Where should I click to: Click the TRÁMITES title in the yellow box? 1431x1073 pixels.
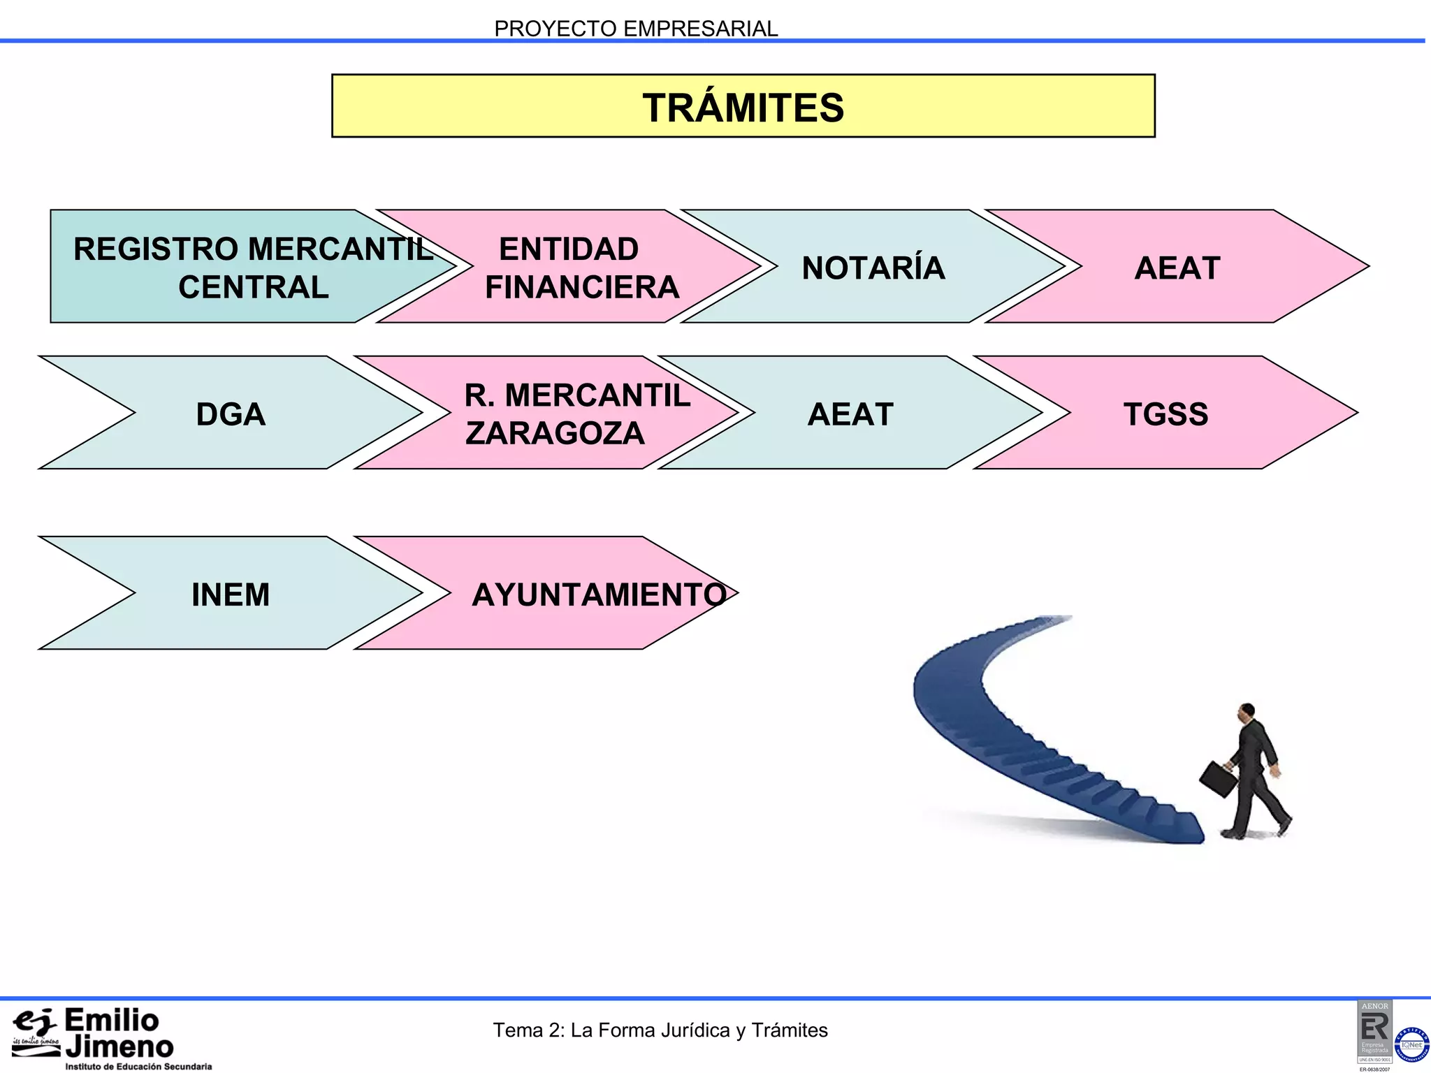point(743,108)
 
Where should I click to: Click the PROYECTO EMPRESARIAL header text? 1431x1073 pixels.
point(635,29)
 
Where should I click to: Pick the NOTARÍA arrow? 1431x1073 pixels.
point(873,268)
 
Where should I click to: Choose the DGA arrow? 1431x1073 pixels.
point(231,414)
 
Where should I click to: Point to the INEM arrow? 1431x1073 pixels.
point(231,594)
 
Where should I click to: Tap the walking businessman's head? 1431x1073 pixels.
point(1247,713)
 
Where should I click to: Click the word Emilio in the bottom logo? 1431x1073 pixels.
point(112,1021)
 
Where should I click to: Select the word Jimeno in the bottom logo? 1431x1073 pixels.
point(119,1047)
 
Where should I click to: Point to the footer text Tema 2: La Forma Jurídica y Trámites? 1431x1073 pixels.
point(660,1030)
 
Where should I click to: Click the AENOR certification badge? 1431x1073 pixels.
point(1374,1030)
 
